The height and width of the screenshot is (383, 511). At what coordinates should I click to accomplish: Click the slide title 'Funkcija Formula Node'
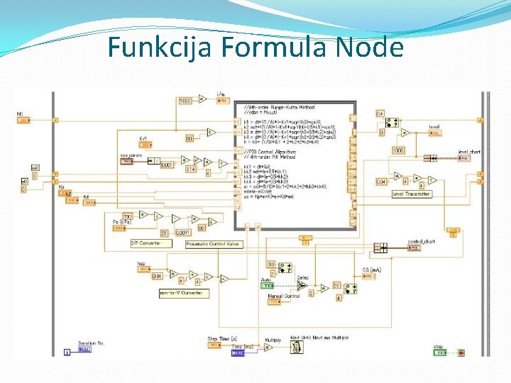[255, 48]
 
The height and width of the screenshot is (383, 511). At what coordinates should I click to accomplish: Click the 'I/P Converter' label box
[145, 243]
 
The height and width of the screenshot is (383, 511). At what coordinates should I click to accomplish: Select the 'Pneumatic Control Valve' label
[213, 244]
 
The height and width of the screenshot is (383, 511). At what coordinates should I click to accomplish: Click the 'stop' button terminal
[441, 352]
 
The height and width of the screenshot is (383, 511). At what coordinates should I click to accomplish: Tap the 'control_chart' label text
[420, 241]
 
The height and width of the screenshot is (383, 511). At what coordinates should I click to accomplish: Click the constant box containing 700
[128, 215]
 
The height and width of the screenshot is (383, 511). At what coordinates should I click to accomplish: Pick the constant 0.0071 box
[182, 233]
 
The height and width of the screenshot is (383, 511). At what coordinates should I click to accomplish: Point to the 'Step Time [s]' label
[222, 338]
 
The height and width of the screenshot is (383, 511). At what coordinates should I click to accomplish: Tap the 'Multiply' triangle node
[268, 348]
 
